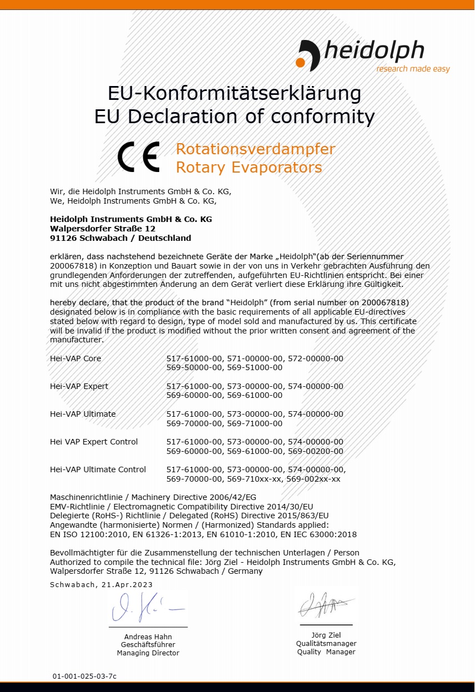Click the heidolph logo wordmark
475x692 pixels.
373,51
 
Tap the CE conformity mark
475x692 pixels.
139,157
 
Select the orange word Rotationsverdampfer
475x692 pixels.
255,149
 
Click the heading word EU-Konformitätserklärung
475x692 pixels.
234,93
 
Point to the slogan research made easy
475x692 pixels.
413,69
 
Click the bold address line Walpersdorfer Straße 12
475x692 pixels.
103,229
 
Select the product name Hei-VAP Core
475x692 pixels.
75,358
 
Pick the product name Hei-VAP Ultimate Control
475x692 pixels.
98,469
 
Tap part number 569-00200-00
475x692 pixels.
315,451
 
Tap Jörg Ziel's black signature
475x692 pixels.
325,604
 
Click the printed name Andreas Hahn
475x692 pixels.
148,637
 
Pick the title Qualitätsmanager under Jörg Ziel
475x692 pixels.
326,644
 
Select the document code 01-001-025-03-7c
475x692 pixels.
84,676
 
